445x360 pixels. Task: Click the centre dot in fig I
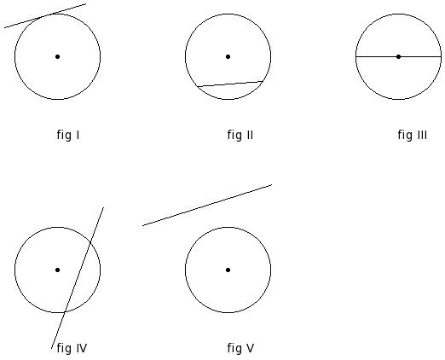[57, 56]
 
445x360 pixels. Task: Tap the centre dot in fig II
[228, 56]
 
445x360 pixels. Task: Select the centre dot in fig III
[398, 56]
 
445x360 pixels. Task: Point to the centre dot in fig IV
[57, 270]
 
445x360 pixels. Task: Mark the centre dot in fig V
[228, 270]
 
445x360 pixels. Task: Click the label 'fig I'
[68, 135]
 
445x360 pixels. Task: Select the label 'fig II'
[240, 135]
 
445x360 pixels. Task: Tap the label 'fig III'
[413, 135]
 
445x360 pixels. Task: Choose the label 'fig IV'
[72, 348]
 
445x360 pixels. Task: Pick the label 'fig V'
[240, 348]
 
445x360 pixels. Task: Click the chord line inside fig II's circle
[230, 84]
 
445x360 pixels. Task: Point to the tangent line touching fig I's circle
[45, 15]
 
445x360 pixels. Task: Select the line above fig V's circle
[207, 205]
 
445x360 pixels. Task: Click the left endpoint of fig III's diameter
[355, 56]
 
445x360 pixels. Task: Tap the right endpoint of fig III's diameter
[441, 56]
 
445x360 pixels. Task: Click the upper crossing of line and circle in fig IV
[90, 242]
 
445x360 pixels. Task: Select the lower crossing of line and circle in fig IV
[65, 312]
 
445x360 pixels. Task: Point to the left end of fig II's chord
[198, 86]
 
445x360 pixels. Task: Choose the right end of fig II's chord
[263, 81]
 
